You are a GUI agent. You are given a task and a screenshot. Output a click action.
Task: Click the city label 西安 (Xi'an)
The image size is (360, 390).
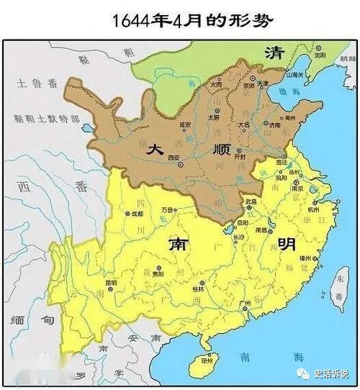tap(174, 157)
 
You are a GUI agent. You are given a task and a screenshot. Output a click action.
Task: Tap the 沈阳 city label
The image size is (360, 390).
tap(320, 55)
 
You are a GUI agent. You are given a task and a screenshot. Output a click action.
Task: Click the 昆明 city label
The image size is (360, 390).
tap(110, 283)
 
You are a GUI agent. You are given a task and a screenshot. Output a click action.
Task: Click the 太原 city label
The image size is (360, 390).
tap(213, 117)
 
